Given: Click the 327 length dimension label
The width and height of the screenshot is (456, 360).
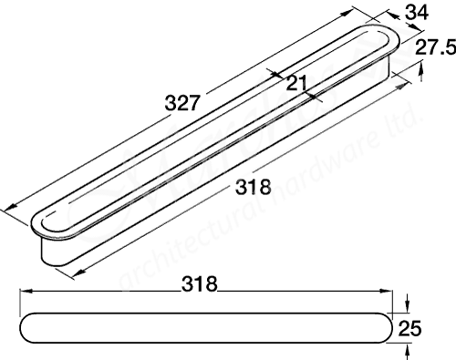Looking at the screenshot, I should click(x=182, y=103).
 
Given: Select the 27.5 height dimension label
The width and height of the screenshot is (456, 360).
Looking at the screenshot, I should click(x=434, y=47).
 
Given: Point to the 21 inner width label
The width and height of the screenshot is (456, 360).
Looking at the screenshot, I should click(x=294, y=84).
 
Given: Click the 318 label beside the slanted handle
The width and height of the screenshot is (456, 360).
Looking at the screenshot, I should click(x=253, y=189).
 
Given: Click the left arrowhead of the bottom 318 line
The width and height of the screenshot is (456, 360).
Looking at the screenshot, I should click(x=25, y=292).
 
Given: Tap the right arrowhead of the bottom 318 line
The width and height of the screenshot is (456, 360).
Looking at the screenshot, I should click(x=384, y=292).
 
